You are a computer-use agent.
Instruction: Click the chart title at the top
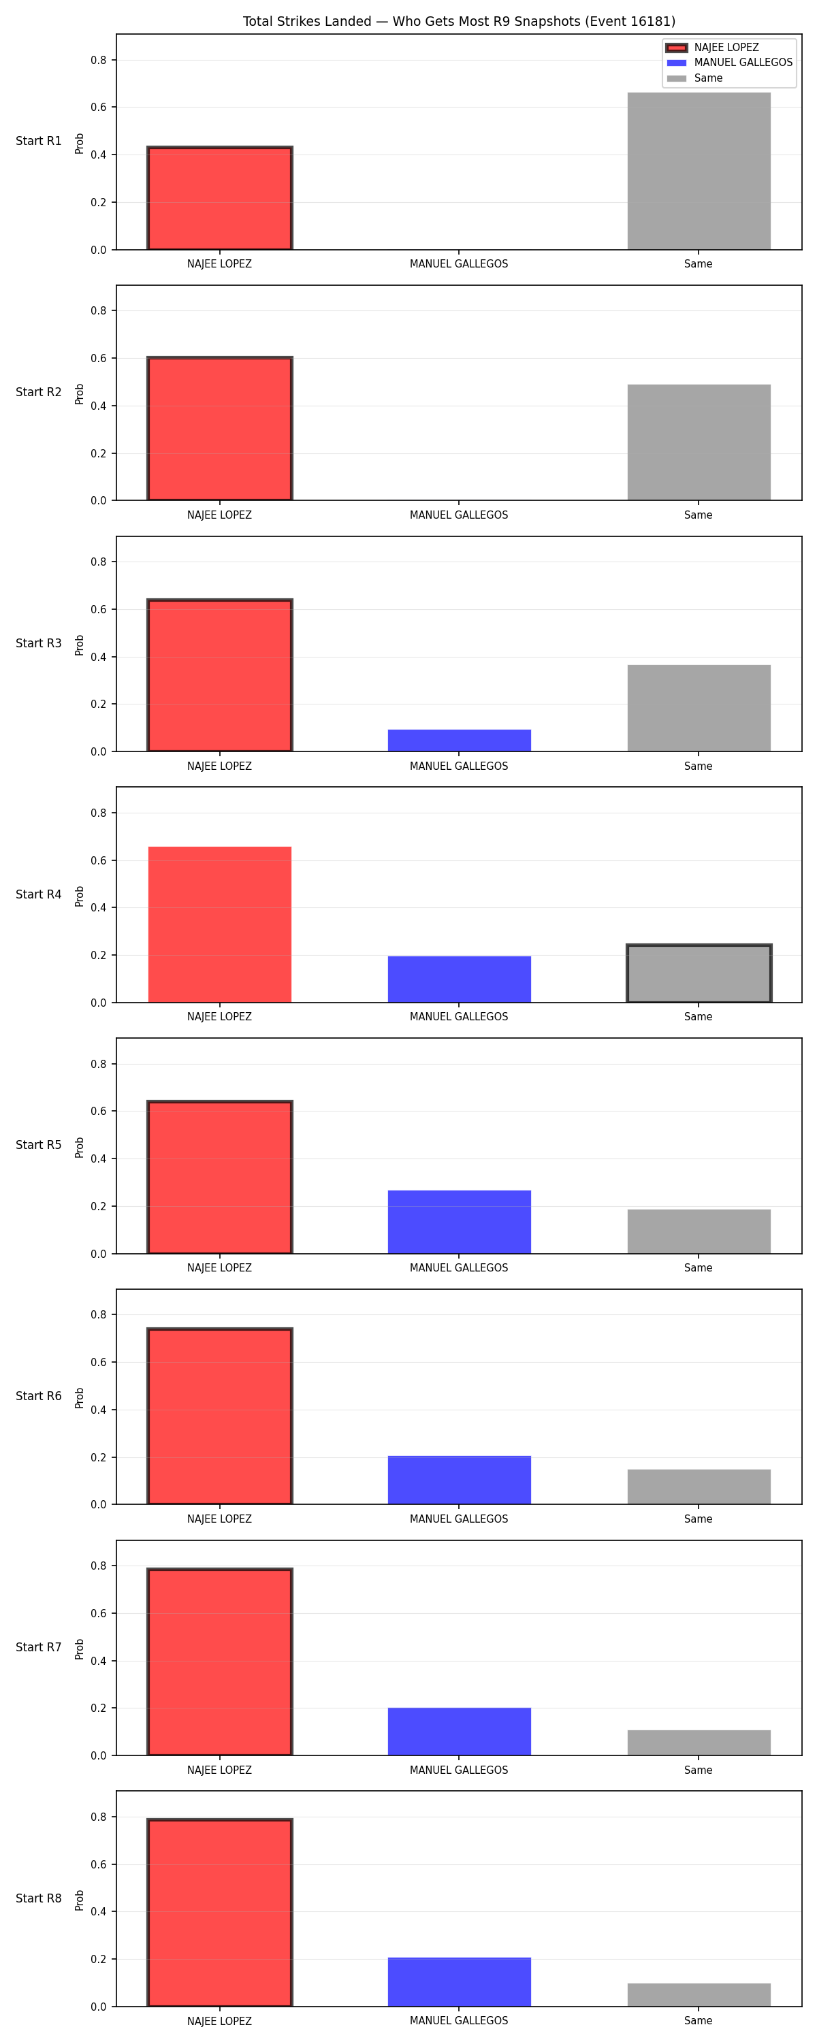point(458,21)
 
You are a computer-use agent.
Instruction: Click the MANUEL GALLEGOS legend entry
point(729,63)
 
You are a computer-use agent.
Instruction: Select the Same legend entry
point(695,78)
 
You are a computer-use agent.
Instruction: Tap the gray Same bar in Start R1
point(699,172)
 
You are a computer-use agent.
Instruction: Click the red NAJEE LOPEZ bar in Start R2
point(220,429)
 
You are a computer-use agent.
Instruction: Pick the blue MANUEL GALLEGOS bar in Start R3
point(460,741)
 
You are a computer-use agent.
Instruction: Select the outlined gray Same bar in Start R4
point(699,973)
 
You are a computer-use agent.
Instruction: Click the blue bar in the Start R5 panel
point(460,1222)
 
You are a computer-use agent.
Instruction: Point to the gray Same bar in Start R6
point(699,1487)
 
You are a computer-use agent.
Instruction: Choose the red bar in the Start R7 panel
point(220,1662)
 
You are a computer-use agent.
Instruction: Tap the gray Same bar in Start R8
point(699,1995)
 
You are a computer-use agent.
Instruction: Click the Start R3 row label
point(38,643)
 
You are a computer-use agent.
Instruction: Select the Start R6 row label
point(38,1396)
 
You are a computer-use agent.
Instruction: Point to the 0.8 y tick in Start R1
point(98,61)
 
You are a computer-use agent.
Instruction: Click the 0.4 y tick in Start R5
point(98,1159)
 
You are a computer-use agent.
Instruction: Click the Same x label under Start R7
point(698,1770)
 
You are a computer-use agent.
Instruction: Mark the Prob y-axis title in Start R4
point(80,896)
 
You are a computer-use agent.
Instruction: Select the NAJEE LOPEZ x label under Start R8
point(219,2022)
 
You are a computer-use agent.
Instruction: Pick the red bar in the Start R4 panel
point(220,925)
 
